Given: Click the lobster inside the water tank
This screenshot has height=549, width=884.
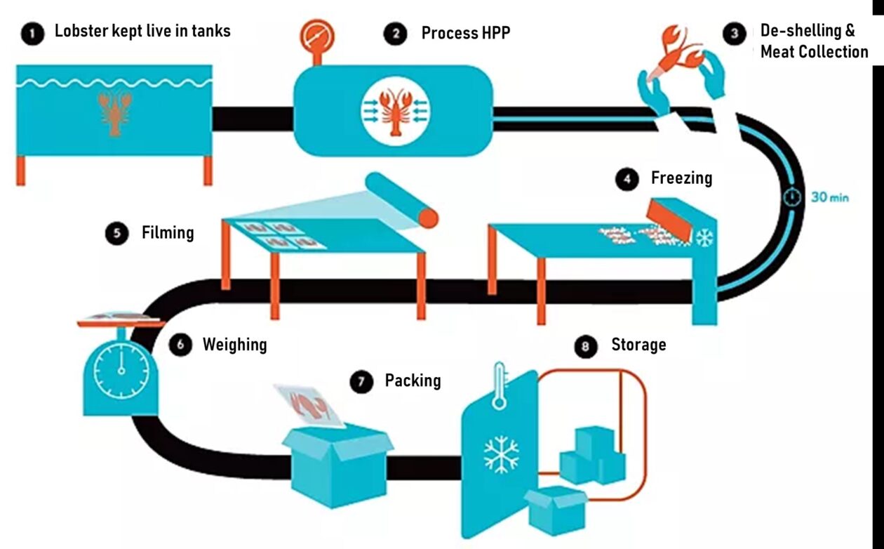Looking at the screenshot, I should pos(114,112).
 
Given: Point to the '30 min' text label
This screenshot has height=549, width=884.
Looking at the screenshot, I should pos(830,197).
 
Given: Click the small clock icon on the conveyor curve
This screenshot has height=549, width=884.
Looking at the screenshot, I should pos(792,197).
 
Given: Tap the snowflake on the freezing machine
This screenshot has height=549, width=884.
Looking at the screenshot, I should pos(703,238).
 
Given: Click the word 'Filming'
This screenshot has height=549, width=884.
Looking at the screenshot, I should pos(168,232).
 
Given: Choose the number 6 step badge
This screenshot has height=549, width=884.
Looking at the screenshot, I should pos(180,345).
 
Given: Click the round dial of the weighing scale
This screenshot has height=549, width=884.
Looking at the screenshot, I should pos(121,371).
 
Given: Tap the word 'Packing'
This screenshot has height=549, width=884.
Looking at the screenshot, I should pos(413,381).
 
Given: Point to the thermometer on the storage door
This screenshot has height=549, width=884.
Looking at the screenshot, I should pos(500,386).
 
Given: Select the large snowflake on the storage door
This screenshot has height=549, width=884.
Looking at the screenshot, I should pos(501,455).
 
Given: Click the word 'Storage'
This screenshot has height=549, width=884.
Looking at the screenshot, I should pos(638,345).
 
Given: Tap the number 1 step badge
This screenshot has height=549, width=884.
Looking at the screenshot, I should pos(31,32).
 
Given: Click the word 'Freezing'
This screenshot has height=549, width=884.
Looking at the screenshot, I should pos(681,178).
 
